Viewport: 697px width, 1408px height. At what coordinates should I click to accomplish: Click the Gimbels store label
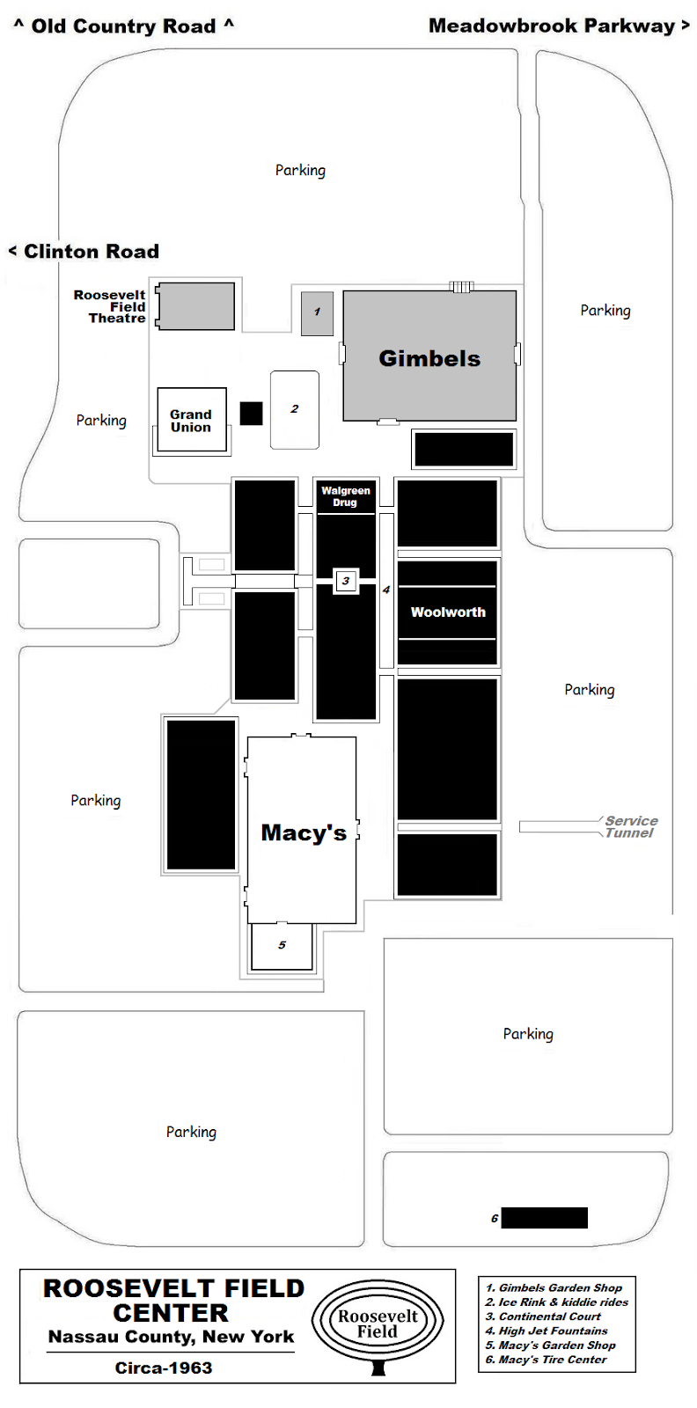(x=429, y=358)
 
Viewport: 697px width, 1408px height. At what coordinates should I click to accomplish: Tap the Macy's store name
(x=304, y=832)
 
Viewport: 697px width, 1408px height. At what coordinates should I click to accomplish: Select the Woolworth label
(x=448, y=612)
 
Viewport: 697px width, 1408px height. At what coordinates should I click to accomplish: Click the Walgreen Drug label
(x=345, y=497)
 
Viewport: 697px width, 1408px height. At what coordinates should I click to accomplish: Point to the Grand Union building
(x=191, y=420)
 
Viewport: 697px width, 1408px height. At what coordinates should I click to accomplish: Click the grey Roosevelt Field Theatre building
(x=195, y=306)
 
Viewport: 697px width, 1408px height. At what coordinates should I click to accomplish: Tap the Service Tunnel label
(x=630, y=826)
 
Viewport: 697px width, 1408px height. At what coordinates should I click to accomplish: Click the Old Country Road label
(x=124, y=26)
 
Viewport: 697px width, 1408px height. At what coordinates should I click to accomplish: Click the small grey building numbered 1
(x=317, y=313)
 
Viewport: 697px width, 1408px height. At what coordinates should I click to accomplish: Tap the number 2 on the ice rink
(x=295, y=409)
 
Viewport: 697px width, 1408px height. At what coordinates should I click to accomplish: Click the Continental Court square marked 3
(x=346, y=581)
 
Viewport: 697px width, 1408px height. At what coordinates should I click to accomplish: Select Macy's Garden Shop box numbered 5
(x=282, y=946)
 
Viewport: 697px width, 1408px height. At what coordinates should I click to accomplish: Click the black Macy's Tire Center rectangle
(x=544, y=1218)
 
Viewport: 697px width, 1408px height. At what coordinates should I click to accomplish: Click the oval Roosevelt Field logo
(x=378, y=1324)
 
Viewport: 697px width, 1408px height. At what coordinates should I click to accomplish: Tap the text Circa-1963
(x=164, y=1368)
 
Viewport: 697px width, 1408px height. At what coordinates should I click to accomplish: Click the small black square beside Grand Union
(x=252, y=414)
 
